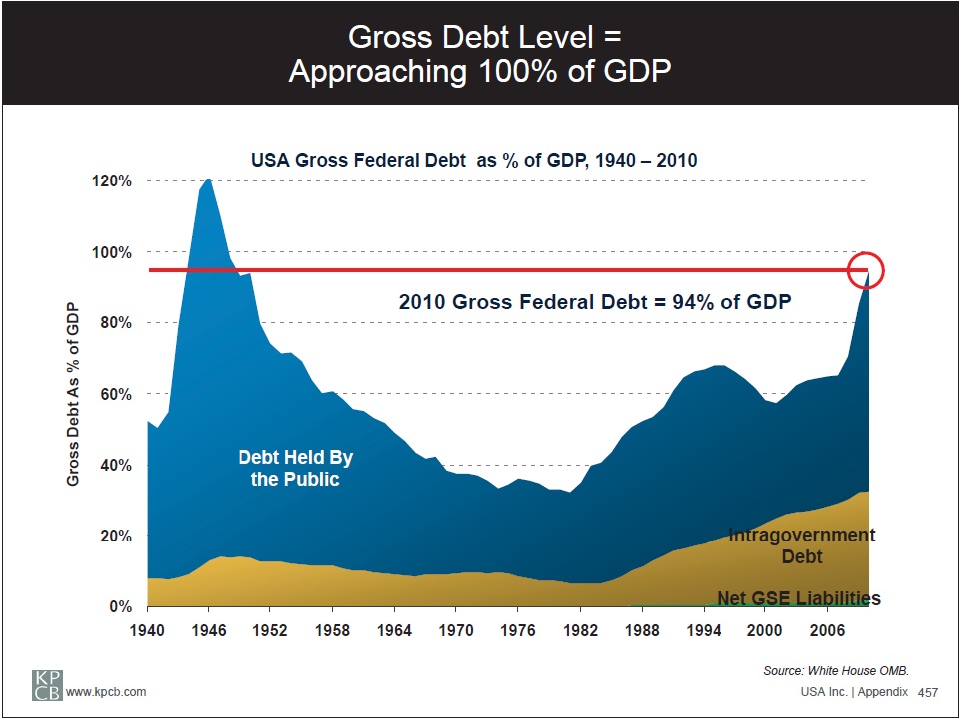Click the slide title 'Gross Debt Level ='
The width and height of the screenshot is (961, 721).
[x=484, y=37]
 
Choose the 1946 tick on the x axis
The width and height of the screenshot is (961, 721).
[x=209, y=630]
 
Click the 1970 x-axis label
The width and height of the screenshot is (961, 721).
[x=456, y=630]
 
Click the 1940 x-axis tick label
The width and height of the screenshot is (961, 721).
[x=147, y=630]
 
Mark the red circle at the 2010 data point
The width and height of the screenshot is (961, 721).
[x=866, y=270]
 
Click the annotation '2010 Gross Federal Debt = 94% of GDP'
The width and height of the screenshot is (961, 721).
[x=595, y=302]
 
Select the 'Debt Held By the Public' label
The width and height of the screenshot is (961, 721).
[x=295, y=469]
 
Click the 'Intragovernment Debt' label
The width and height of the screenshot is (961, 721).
[x=802, y=545]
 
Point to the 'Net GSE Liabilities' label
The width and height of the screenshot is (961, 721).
[x=798, y=598]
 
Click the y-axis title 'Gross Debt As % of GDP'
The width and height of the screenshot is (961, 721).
[x=73, y=395]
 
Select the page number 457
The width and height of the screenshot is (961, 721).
[x=928, y=692]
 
